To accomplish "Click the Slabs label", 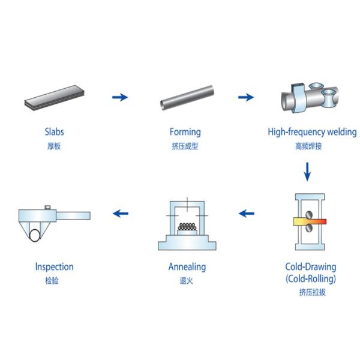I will coord(55,131).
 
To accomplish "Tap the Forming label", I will coord(185,131).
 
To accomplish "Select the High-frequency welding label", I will coord(312,131).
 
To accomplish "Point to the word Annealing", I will coord(187,266).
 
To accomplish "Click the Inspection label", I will coord(55,266).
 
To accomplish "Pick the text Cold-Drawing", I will coord(310,266).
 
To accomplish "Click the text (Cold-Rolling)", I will coord(310,278).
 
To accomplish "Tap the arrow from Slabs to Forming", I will coord(120,97).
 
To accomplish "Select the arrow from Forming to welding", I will coord(246,97).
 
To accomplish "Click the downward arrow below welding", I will coord(308,173).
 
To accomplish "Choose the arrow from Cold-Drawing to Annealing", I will coord(246,212).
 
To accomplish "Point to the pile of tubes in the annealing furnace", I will coord(187,229).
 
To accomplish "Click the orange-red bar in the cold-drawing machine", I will coord(310,221).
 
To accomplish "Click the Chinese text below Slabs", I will coord(55,146).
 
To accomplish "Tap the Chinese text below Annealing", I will coord(187,280).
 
